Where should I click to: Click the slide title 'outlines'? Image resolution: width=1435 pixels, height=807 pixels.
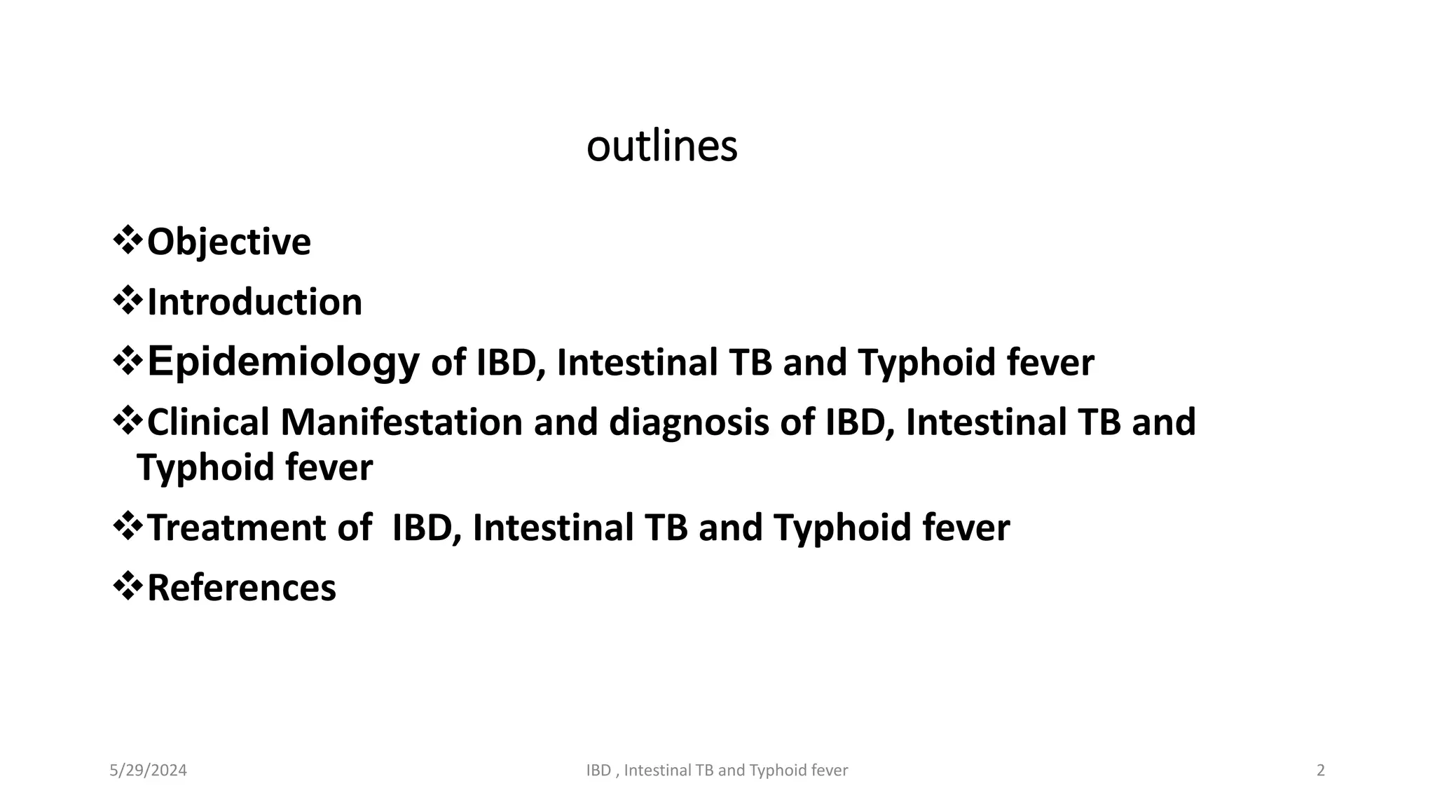tap(661, 146)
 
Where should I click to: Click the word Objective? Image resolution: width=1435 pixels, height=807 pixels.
tap(228, 242)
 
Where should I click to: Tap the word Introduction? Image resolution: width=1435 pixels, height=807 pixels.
tap(254, 303)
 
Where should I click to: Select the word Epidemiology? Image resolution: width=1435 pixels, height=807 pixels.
tap(283, 363)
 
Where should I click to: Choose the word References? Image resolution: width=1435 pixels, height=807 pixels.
tap(241, 588)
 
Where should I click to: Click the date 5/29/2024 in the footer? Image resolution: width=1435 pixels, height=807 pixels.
tap(148, 771)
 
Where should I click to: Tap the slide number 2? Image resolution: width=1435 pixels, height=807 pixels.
tap(1321, 771)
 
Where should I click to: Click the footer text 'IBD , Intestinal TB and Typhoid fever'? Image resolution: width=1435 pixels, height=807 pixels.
tap(717, 771)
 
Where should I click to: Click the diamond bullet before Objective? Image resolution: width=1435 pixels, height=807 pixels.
tap(128, 240)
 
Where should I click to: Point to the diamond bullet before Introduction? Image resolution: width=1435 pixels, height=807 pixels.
tap(128, 301)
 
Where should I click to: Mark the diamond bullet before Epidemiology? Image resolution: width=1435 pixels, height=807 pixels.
tap(128, 361)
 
